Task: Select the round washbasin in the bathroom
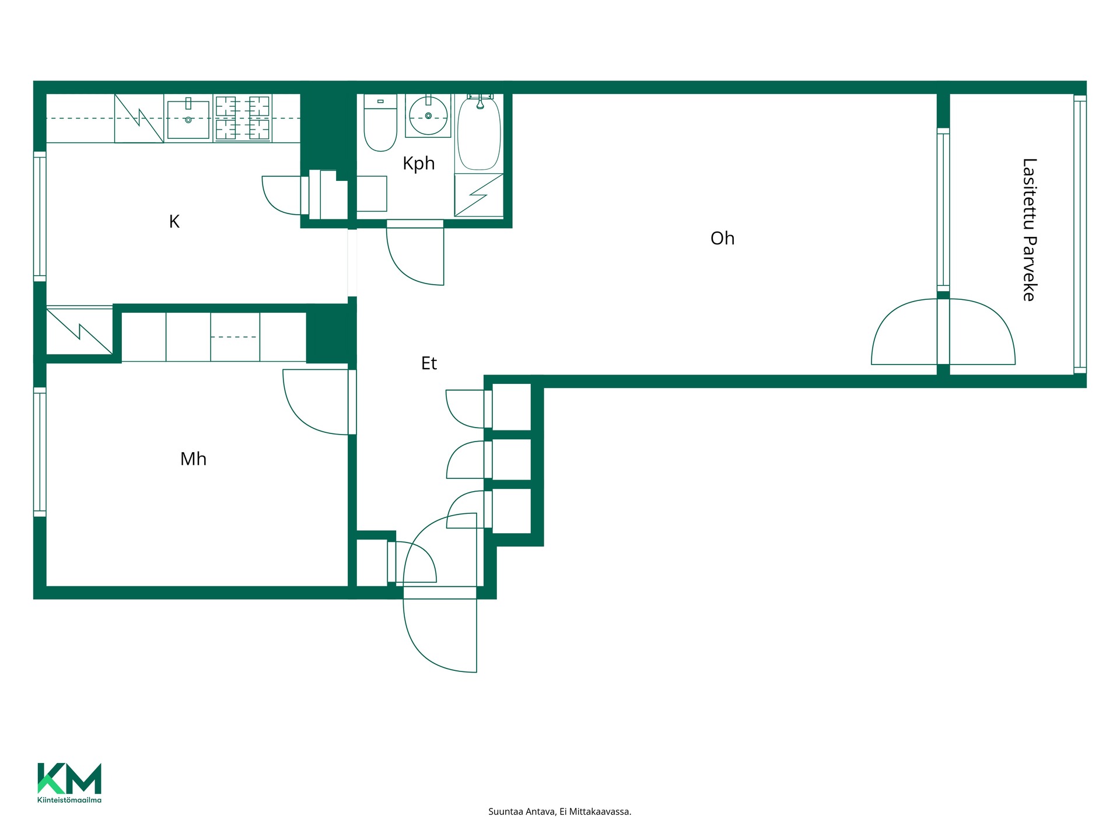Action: click(428, 116)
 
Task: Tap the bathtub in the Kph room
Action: click(479, 133)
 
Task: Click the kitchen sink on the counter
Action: click(188, 119)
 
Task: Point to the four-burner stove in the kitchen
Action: click(243, 118)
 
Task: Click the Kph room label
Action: click(419, 163)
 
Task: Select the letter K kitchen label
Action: click(174, 222)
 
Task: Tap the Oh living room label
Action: click(722, 238)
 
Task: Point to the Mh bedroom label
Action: click(193, 459)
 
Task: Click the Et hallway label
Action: click(429, 363)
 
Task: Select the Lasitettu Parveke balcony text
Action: click(1030, 229)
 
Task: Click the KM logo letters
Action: click(69, 779)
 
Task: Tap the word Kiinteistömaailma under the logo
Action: click(69, 800)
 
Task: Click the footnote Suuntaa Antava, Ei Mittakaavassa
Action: click(559, 811)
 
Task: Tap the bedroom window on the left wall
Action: click(40, 452)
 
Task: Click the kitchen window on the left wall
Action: click(40, 216)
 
